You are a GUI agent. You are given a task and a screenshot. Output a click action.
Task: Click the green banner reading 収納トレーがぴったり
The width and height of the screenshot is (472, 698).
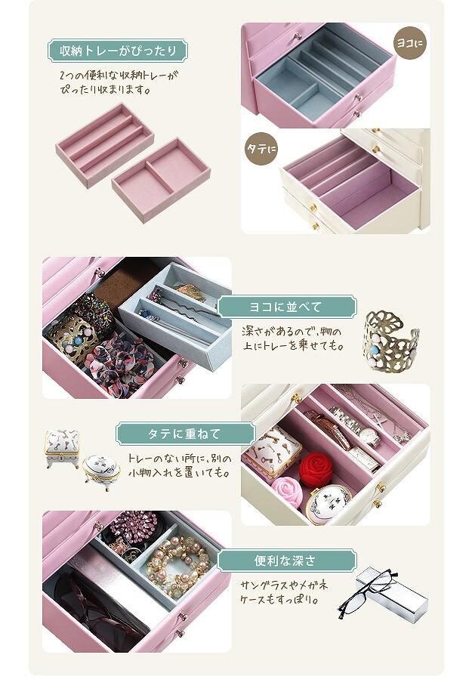pyautogui.click(x=118, y=51)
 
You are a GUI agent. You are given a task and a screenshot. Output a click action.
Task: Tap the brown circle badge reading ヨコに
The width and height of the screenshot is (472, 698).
pyautogui.click(x=411, y=43)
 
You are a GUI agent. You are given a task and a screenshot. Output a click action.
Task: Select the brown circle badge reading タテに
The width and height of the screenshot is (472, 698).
pyautogui.click(x=261, y=149)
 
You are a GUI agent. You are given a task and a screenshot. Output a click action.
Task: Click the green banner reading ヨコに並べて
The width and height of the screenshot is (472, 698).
pyautogui.click(x=287, y=307)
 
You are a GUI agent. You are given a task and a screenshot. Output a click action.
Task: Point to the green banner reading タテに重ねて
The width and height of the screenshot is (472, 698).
pyautogui.click(x=186, y=434)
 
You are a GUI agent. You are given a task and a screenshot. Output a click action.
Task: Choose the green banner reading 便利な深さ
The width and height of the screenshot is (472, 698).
pyautogui.click(x=287, y=561)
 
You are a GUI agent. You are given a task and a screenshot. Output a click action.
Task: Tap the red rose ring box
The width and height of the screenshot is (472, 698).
pyautogui.click(x=316, y=470)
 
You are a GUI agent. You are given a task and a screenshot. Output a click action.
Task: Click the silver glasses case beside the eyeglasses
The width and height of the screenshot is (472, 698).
pyautogui.click(x=393, y=595)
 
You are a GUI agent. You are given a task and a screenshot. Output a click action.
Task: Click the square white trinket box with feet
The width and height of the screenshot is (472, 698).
pyautogui.click(x=62, y=448)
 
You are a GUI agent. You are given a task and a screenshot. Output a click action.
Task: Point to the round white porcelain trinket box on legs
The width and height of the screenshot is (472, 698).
pyautogui.click(x=101, y=471)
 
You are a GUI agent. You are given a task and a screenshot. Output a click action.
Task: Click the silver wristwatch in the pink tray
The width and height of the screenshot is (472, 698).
pyautogui.click(x=356, y=427)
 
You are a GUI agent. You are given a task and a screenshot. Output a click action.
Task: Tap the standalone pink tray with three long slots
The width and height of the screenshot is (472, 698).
pyautogui.click(x=104, y=145)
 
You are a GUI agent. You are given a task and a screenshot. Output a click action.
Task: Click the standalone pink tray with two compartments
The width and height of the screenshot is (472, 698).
pyautogui.click(x=161, y=179)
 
